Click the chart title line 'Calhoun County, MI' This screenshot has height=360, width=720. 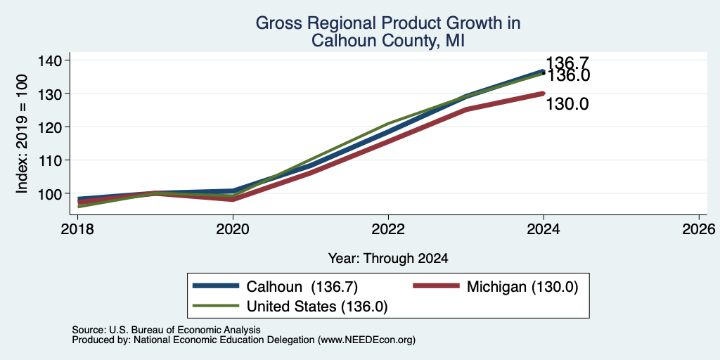(388, 41)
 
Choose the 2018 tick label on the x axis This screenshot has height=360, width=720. (77, 229)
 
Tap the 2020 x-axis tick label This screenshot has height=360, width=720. (233, 229)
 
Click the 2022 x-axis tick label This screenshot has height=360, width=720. (388, 229)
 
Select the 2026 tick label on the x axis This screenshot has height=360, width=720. (700, 229)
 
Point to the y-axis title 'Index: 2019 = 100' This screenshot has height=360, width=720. (22, 134)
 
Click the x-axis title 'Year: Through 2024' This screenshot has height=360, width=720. (388, 259)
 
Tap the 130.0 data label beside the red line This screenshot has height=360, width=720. (567, 105)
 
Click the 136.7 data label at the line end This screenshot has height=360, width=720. (567, 63)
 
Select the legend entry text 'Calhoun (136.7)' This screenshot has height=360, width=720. (302, 287)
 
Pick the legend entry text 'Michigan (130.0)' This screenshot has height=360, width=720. (522, 287)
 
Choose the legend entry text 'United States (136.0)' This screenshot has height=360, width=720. (317, 307)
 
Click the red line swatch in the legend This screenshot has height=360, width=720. (436, 286)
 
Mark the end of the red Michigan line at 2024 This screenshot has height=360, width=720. (544, 94)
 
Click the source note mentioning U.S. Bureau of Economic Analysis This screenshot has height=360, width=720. (166, 330)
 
